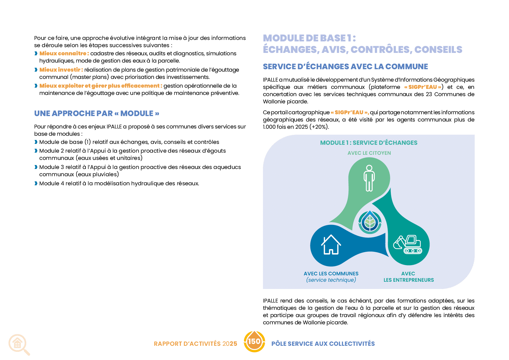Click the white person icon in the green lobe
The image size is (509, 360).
tap(369, 178)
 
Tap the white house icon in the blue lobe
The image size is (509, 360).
tap(331, 245)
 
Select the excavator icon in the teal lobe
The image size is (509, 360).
tap(408, 244)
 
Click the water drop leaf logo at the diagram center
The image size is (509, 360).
tap(370, 222)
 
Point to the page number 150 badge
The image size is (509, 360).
tap(254, 342)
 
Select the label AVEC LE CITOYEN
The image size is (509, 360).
tap(369, 153)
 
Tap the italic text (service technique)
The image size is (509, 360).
tap(331, 280)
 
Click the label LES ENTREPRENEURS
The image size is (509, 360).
tap(409, 280)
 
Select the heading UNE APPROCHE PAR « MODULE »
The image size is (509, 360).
tap(97, 113)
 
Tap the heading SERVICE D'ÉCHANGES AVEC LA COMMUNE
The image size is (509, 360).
tap(345, 66)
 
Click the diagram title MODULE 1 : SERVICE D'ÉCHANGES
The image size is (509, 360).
tap(368, 142)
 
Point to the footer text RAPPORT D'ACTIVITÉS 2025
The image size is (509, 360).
tap(196, 344)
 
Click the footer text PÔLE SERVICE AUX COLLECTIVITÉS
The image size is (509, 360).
tap(323, 344)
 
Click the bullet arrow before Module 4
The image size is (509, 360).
tap(36, 183)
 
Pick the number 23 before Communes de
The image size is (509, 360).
tap(429, 94)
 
